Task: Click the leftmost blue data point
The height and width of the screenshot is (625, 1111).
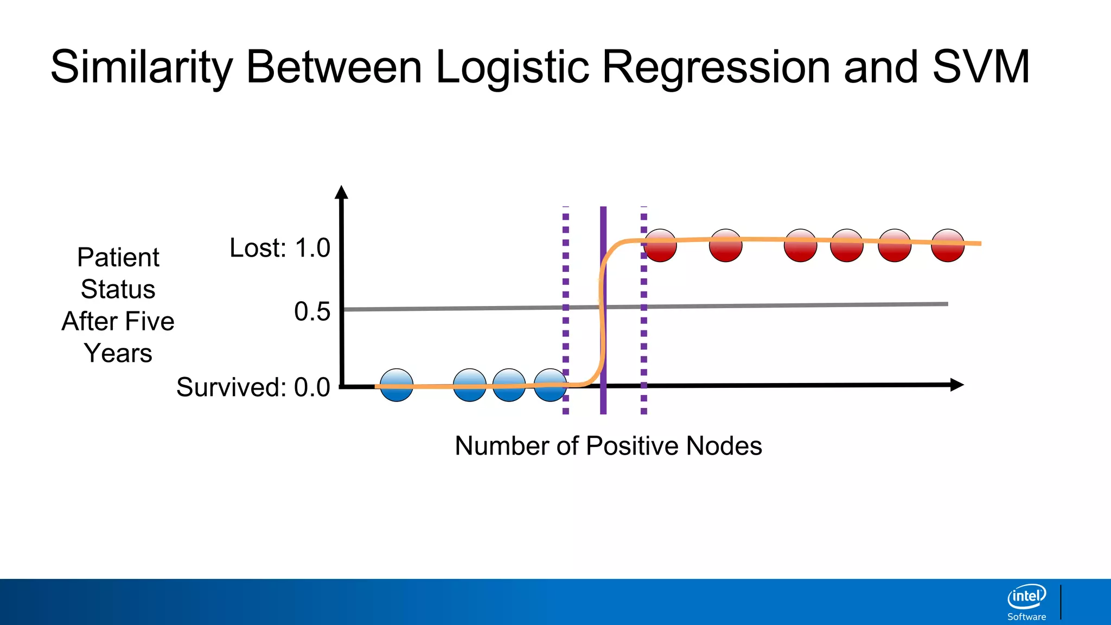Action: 397,385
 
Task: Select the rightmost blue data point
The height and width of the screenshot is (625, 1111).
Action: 550,385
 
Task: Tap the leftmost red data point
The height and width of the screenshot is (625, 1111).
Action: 660,245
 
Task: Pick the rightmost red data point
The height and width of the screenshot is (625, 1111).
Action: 948,245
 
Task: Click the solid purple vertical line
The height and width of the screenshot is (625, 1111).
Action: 603,326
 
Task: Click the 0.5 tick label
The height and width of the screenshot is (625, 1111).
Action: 312,311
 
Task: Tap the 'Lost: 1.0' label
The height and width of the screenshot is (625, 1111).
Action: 280,248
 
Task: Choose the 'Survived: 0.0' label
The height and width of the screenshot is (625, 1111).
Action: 253,387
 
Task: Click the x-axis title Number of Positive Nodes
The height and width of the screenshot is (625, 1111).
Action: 608,446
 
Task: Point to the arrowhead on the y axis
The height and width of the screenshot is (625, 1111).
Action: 341,192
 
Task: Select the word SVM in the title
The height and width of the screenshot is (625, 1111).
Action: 981,67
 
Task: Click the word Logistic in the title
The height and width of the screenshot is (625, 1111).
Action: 512,67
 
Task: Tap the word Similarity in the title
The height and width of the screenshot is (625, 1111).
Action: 142,67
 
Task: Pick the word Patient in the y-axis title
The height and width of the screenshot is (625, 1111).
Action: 118,257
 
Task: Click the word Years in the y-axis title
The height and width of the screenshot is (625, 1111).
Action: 118,353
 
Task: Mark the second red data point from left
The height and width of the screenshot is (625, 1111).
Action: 726,245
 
